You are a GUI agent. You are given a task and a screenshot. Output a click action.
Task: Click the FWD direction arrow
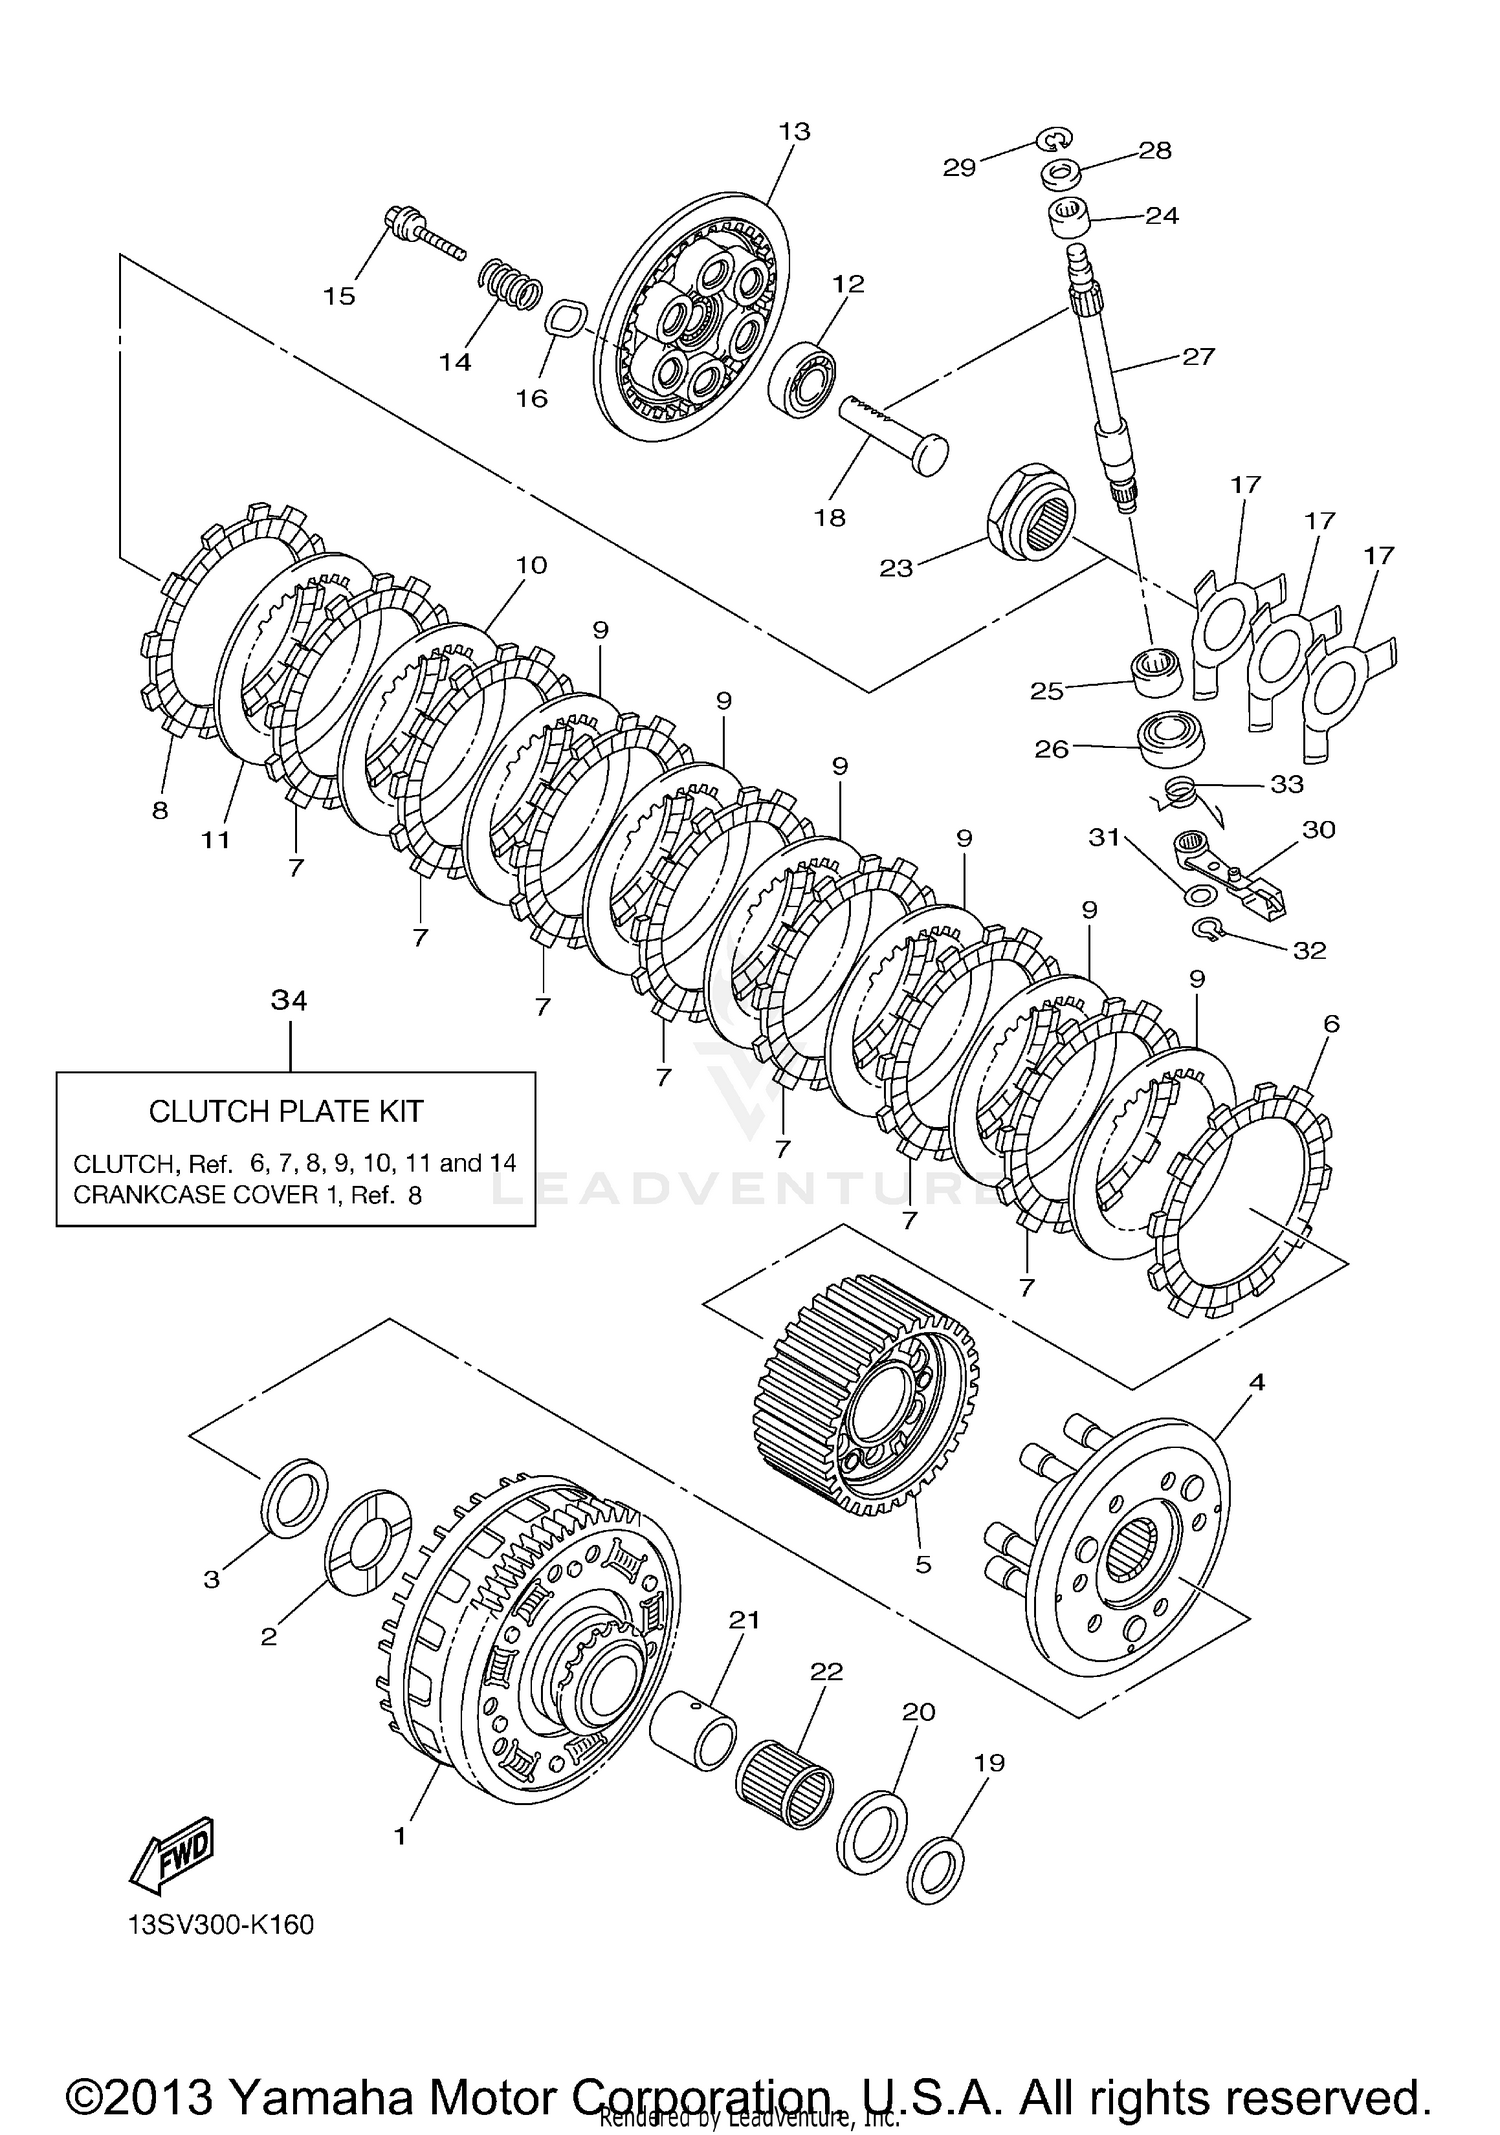[172, 1851]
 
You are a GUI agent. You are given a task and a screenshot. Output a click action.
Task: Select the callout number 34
[290, 1000]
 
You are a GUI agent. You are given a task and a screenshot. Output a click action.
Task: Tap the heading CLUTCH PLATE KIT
[286, 1111]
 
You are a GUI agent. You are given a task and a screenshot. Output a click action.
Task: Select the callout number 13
[794, 131]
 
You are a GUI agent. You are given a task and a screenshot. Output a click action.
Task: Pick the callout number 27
[1198, 356]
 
